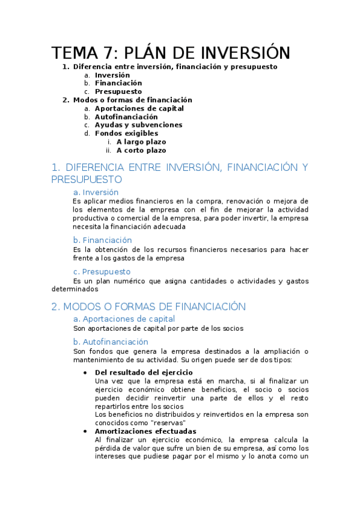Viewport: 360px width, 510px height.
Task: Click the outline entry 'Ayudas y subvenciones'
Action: coord(138,125)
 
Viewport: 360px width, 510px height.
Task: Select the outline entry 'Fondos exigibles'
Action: coord(126,134)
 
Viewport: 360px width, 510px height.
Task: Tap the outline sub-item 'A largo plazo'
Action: coord(141,142)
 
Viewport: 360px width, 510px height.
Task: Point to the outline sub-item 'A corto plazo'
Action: coord(141,150)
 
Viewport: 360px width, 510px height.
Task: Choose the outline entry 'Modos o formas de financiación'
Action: coord(132,100)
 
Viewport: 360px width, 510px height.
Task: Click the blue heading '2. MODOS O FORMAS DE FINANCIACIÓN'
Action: coord(148,307)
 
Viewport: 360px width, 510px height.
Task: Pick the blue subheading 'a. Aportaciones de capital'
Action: coord(124,319)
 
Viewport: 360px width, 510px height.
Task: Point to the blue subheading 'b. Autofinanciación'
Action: coord(111,342)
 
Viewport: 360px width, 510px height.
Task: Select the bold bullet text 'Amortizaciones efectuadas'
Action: coord(145,431)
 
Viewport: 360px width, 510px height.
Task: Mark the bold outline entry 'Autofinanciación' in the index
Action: coord(126,117)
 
